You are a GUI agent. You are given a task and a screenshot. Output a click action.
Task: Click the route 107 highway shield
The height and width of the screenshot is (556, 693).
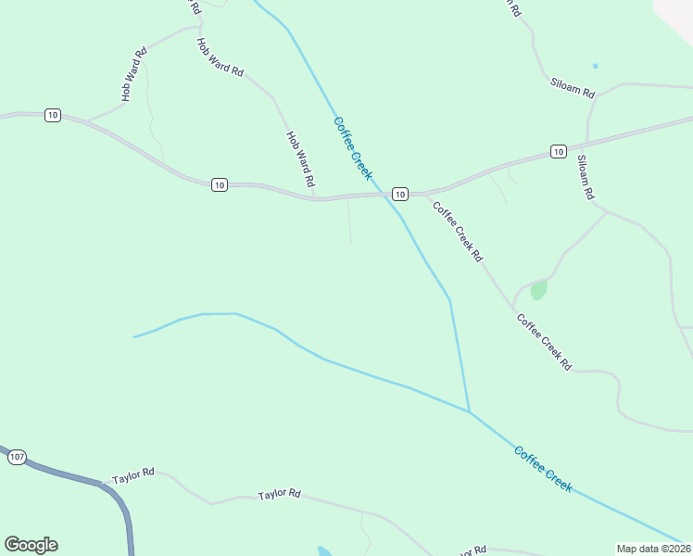[x=17, y=458]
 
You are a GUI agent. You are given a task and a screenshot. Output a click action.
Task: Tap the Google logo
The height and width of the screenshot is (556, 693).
[x=31, y=545]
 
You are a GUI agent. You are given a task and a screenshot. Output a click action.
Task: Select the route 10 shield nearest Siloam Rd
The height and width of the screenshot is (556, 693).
[x=557, y=151]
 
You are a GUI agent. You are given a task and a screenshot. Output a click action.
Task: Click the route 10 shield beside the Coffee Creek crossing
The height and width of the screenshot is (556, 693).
[x=398, y=194]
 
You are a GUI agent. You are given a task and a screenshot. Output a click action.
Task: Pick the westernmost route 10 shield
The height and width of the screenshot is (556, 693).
[x=52, y=115]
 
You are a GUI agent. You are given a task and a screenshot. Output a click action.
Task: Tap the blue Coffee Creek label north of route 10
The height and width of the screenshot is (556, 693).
[x=353, y=148]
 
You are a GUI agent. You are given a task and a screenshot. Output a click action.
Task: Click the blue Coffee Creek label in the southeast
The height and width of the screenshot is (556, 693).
[x=544, y=469]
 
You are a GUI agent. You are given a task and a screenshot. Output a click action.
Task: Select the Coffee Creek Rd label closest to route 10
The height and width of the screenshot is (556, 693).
[x=458, y=231]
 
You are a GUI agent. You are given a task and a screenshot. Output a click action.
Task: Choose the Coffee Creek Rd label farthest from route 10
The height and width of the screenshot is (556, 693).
[x=544, y=343]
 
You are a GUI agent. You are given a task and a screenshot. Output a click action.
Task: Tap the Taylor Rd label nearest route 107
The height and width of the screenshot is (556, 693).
[x=133, y=476]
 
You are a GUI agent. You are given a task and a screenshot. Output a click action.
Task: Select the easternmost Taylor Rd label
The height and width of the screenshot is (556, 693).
[x=280, y=495]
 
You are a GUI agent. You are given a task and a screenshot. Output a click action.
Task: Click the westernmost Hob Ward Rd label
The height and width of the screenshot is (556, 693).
[x=134, y=75]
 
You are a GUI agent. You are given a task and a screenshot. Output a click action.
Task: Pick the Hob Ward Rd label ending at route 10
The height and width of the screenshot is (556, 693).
[x=301, y=158]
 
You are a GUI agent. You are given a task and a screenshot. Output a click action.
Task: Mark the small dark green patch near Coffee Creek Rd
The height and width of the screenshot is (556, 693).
[x=538, y=290]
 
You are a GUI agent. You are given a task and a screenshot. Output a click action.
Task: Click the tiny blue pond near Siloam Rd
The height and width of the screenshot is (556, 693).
[x=595, y=66]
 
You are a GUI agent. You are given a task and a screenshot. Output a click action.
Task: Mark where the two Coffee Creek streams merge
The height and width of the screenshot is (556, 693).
[x=469, y=411]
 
